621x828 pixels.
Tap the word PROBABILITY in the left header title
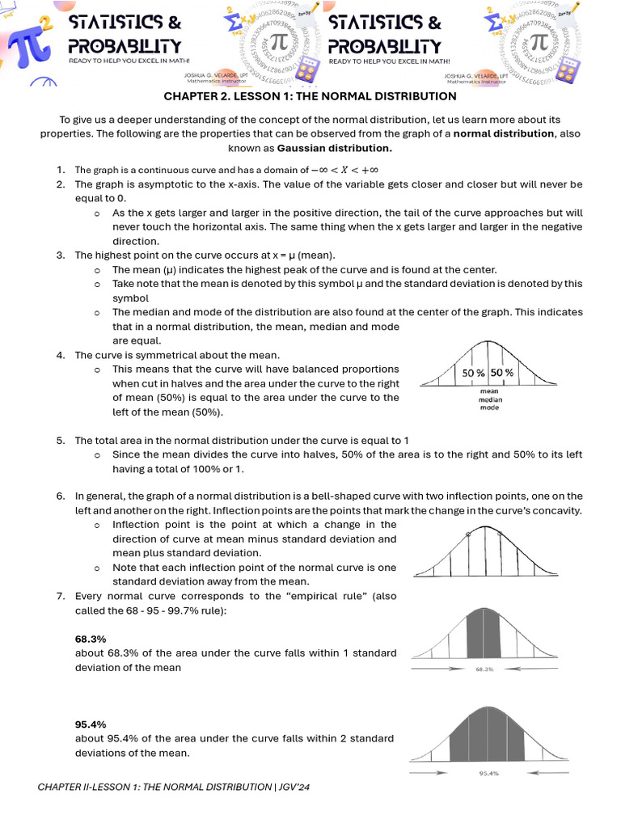[125, 46]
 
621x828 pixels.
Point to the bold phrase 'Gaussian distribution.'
[334, 148]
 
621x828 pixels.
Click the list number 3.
[61, 255]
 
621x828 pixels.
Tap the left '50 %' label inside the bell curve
[473, 373]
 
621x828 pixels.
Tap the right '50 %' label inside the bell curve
[501, 373]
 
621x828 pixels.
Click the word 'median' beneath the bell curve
[489, 399]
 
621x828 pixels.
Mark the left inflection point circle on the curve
[468, 534]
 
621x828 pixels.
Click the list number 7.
[61, 596]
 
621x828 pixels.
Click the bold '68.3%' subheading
[91, 639]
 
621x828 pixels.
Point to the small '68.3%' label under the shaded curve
[484, 670]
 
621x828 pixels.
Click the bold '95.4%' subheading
[91, 724]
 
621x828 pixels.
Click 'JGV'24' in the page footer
[294, 787]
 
